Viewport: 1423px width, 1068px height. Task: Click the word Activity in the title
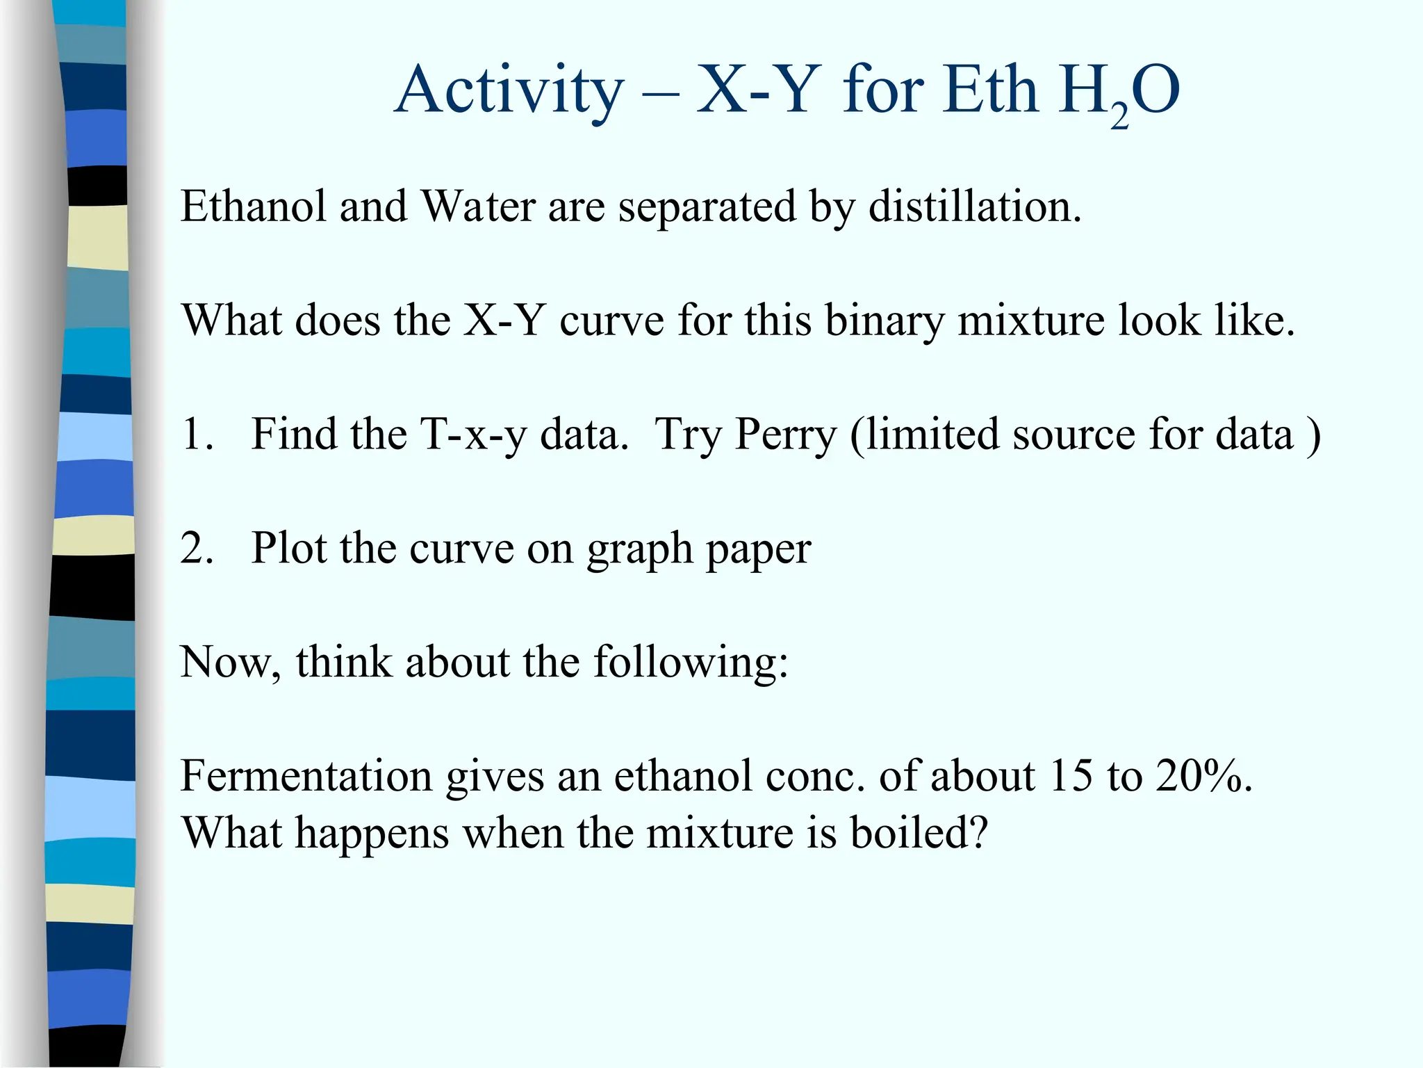509,92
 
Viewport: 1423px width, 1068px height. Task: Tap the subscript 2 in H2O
1119,115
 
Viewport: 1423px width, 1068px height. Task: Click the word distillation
974,207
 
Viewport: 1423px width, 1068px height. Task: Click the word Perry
786,435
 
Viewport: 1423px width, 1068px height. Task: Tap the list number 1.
196,435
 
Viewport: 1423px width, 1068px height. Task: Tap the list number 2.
196,549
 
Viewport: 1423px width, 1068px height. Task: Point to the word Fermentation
306,776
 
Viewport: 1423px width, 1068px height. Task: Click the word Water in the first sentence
478,207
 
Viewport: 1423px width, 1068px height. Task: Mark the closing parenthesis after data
1313,437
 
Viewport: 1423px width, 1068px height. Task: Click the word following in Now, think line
691,663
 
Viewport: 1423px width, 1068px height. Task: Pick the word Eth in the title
990,92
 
